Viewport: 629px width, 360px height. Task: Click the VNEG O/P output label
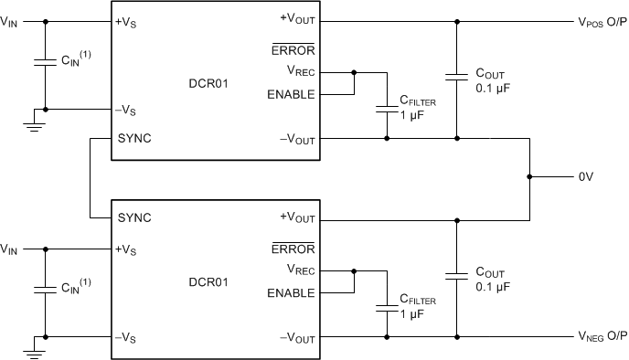click(601, 337)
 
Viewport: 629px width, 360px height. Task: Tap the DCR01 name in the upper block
click(216, 82)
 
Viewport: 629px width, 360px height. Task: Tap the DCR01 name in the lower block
click(216, 281)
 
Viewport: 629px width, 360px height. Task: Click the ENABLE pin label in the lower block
click(292, 293)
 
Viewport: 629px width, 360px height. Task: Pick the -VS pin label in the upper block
click(127, 109)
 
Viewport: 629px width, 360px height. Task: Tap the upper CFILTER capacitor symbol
click(388, 109)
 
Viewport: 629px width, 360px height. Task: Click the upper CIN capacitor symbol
click(43, 63)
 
